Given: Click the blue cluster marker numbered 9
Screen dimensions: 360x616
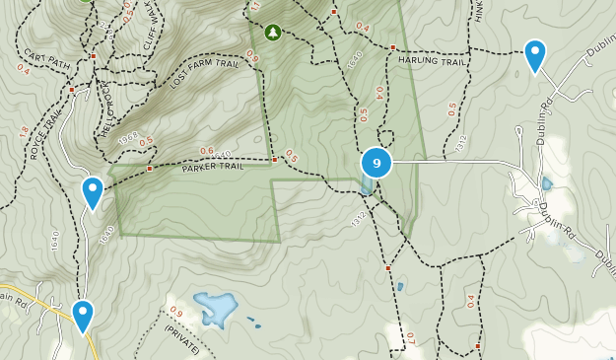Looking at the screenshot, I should pyautogui.click(x=376, y=163).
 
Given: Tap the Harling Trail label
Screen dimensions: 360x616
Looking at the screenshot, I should pyautogui.click(x=431, y=62).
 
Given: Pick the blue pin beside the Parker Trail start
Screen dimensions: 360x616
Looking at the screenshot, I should pyautogui.click(x=93, y=191).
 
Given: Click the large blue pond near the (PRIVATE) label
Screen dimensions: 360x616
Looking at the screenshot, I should pyautogui.click(x=214, y=309).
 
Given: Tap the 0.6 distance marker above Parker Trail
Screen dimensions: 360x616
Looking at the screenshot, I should pyautogui.click(x=207, y=151).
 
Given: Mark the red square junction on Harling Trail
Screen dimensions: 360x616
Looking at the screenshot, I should pyautogui.click(x=392, y=47).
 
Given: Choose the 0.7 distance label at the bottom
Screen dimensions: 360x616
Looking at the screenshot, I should pyautogui.click(x=410, y=341).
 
